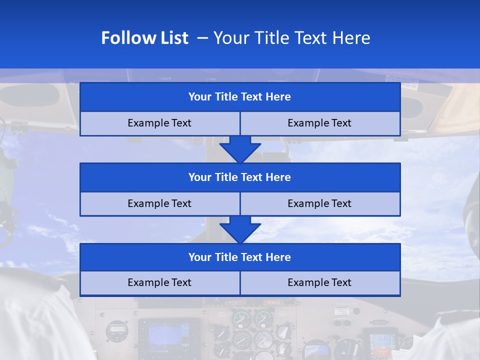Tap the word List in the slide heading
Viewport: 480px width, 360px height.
170,38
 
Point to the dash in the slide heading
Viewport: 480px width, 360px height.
202,38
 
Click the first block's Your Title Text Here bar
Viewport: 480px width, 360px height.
240,97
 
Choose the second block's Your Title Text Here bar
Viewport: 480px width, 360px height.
240,177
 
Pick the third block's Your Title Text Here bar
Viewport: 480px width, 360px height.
240,257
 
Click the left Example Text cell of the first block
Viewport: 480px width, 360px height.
159,123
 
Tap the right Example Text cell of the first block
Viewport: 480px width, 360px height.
320,123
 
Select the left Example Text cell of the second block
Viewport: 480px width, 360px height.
159,203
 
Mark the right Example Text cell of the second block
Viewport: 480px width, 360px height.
320,203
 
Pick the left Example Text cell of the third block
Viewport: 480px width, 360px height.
159,283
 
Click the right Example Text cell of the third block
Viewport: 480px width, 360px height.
320,283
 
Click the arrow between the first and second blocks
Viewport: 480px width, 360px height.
240,149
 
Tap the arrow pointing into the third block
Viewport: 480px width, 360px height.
240,229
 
